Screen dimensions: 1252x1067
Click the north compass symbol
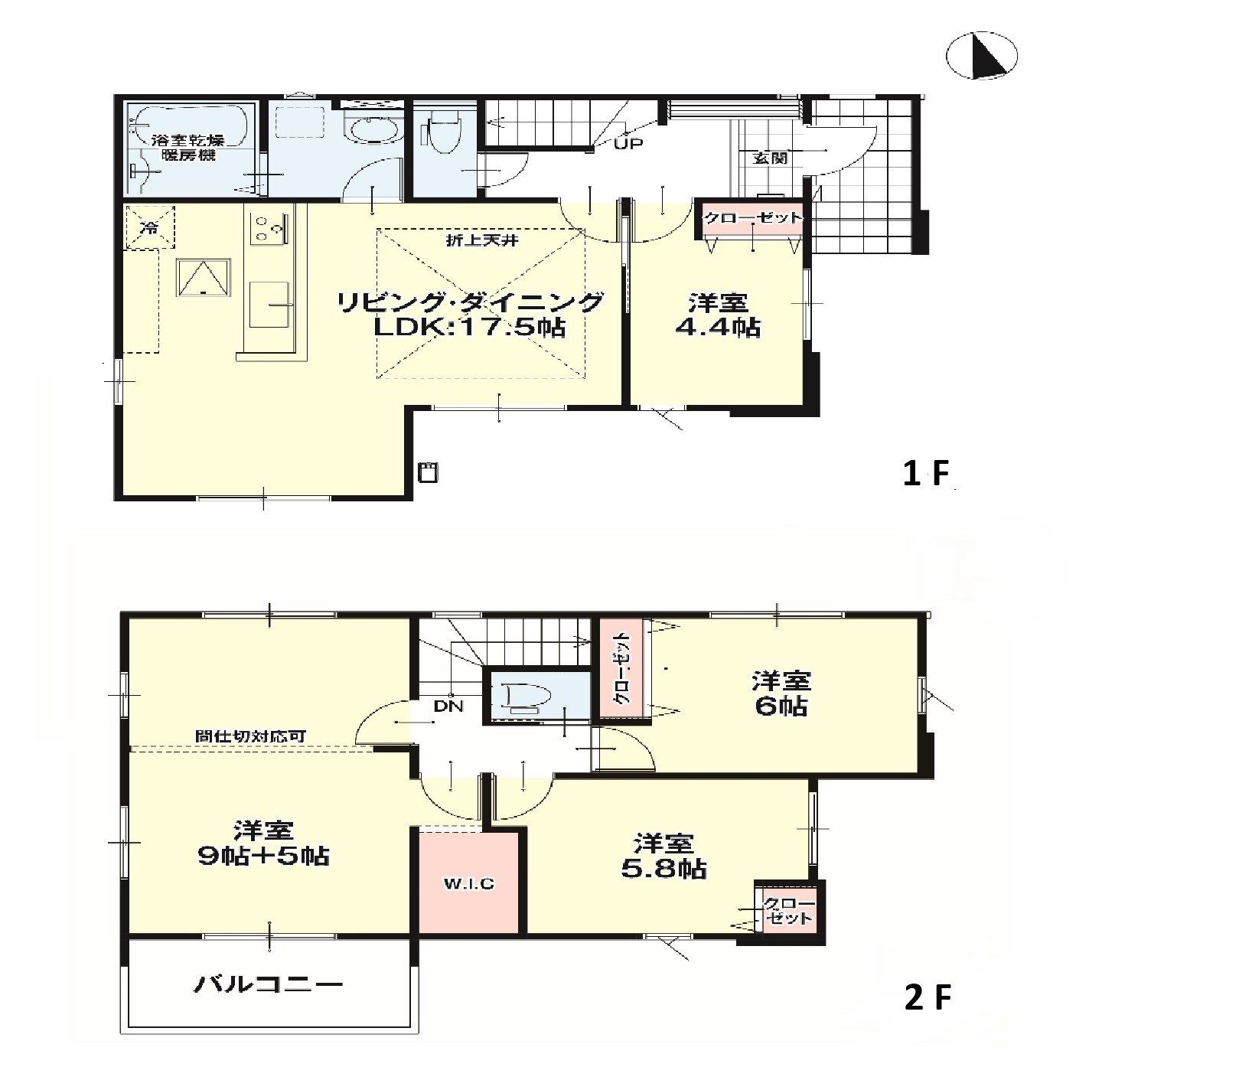coord(982,56)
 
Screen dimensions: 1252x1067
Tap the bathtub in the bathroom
coord(189,126)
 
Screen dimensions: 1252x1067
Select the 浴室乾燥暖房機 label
coord(187,148)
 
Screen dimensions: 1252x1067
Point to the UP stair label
coord(628,143)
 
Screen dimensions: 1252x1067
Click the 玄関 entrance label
coord(770,158)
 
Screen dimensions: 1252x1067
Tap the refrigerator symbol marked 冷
coord(150,227)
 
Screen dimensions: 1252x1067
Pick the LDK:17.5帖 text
coord(469,328)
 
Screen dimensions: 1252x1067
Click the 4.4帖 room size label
coord(717,328)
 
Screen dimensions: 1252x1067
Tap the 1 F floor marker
coord(925,475)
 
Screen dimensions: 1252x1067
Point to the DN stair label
coord(448,706)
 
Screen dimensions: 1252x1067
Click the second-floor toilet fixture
coord(529,697)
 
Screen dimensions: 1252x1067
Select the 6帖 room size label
coord(780,705)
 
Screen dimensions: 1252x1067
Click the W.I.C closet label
coord(468,884)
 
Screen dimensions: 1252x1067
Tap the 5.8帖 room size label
coord(663,869)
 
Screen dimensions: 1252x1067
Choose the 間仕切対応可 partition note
coord(251,736)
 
